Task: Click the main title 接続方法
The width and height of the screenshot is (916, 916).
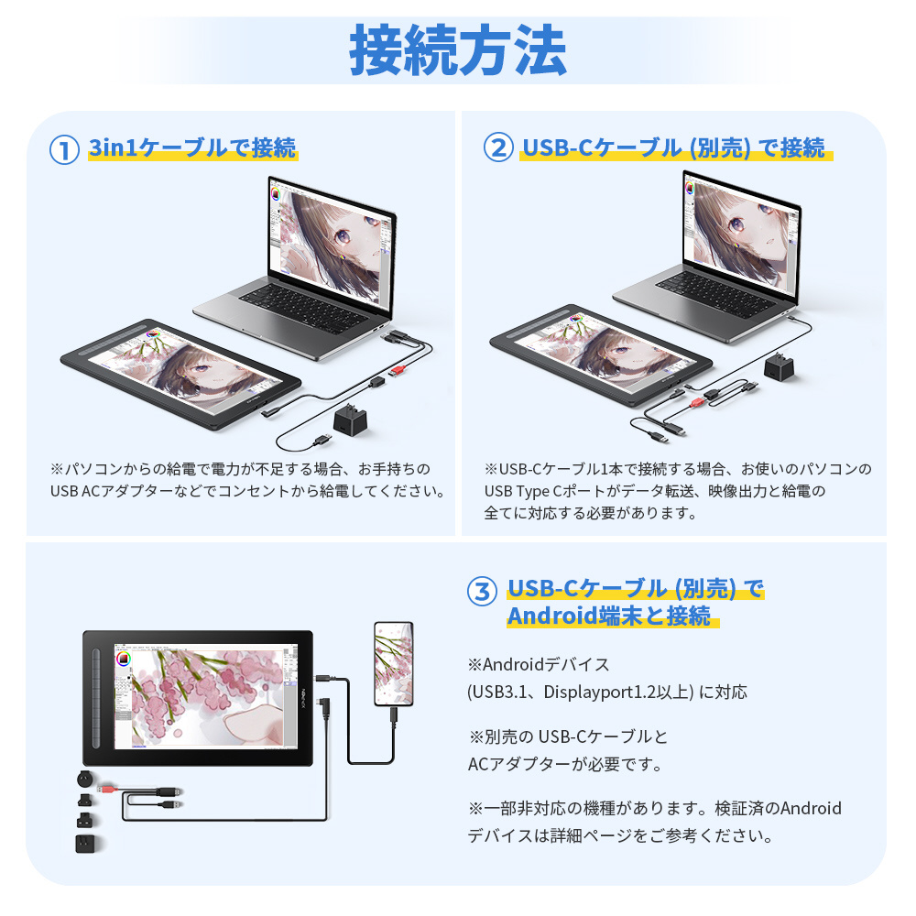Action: coord(457,50)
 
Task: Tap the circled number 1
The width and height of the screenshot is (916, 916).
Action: coord(64,149)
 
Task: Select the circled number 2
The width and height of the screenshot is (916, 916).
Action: coord(498,147)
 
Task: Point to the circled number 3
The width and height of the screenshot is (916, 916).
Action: coord(482,591)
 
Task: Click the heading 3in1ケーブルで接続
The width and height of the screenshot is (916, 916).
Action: coord(192,147)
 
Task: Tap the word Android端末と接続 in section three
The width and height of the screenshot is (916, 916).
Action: coord(609,616)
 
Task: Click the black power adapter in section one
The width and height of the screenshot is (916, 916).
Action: coord(351,420)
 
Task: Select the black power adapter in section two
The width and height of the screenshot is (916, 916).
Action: coord(780,366)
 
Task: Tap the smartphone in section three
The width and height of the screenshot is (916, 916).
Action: coord(393,663)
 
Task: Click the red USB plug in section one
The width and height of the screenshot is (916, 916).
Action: coord(398,370)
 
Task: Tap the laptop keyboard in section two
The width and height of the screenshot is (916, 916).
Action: coord(715,294)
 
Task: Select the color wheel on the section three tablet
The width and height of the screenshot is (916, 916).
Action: coord(124,660)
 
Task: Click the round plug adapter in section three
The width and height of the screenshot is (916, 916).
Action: coord(84,779)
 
